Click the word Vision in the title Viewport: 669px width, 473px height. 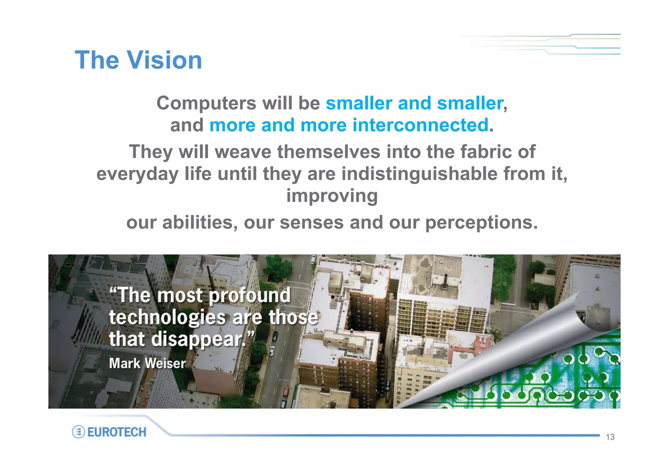pos(164,60)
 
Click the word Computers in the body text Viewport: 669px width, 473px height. pos(206,104)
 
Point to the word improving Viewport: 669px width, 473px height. pos(332,196)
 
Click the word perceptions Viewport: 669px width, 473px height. pos(481,223)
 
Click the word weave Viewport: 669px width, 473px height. pos(243,152)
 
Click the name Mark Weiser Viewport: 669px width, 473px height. pos(147,363)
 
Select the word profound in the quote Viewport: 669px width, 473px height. pos(250,295)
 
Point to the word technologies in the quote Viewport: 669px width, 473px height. pos(167,317)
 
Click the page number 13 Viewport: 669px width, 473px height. pos(610,437)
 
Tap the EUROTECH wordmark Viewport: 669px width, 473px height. pos(117,432)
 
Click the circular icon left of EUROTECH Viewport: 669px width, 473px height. pos(78,432)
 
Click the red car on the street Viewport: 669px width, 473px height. pos(286,391)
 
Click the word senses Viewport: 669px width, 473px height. pos(312,223)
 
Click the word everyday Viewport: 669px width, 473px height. pos(137,173)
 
